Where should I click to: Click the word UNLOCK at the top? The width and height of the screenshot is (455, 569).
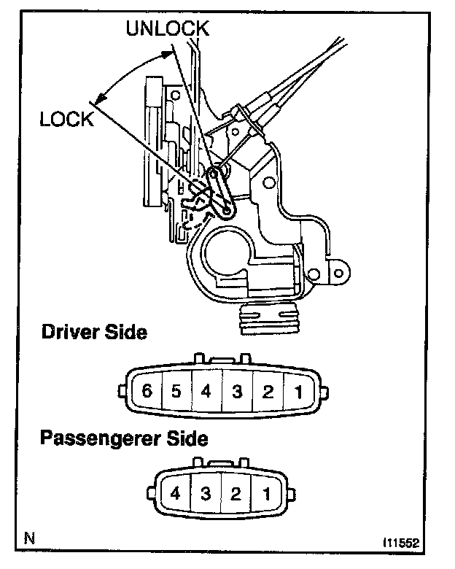(x=168, y=28)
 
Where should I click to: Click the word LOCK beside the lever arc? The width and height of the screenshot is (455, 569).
(x=66, y=120)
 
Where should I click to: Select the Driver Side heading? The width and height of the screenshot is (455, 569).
(x=95, y=333)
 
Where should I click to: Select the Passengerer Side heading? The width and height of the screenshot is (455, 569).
(x=123, y=438)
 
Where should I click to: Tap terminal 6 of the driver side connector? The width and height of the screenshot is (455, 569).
(x=148, y=391)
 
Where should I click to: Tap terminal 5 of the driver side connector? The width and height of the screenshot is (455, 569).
(x=176, y=391)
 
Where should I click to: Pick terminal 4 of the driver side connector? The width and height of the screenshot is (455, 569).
(x=206, y=391)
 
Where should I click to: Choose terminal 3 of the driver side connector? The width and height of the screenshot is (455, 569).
(x=237, y=391)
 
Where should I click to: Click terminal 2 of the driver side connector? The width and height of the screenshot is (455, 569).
(x=267, y=391)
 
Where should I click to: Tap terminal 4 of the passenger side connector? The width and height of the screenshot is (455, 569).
(x=175, y=494)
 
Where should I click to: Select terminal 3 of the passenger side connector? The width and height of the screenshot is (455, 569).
(x=206, y=494)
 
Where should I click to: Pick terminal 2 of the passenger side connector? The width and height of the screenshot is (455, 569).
(x=236, y=494)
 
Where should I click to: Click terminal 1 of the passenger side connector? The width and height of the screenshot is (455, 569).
(x=266, y=494)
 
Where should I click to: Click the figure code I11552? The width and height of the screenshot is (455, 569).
(x=402, y=544)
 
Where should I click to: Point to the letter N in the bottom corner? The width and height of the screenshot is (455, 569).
(x=29, y=540)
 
